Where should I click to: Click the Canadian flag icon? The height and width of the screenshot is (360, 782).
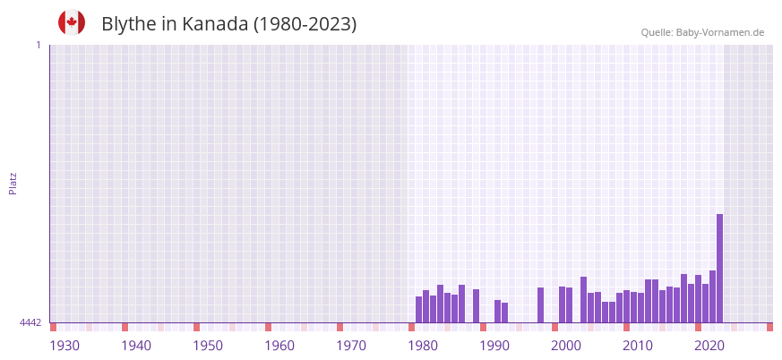72,22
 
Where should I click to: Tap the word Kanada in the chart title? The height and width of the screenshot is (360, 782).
215,24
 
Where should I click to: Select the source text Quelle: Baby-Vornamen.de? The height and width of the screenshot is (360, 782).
702,32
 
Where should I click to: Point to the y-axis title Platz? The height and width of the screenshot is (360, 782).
13,183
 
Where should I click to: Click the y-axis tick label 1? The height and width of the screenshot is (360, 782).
38,45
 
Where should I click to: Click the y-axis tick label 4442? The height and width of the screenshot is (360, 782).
30,322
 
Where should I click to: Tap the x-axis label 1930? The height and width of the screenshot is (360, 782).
64,346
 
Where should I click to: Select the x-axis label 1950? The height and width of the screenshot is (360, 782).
208,346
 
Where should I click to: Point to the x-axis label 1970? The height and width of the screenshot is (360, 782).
351,346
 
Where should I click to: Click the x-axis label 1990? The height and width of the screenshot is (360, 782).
494,346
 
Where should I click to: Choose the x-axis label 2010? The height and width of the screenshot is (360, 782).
638,346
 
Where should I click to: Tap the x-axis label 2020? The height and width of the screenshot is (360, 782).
709,346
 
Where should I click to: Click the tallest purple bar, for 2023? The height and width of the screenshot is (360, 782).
719,268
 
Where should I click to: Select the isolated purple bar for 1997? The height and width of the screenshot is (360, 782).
541,304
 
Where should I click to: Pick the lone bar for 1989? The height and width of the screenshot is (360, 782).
477,305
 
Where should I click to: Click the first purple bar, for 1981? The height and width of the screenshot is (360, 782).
419,309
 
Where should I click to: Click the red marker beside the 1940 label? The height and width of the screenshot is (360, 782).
125,327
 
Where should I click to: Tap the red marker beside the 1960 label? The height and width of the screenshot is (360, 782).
268,327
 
